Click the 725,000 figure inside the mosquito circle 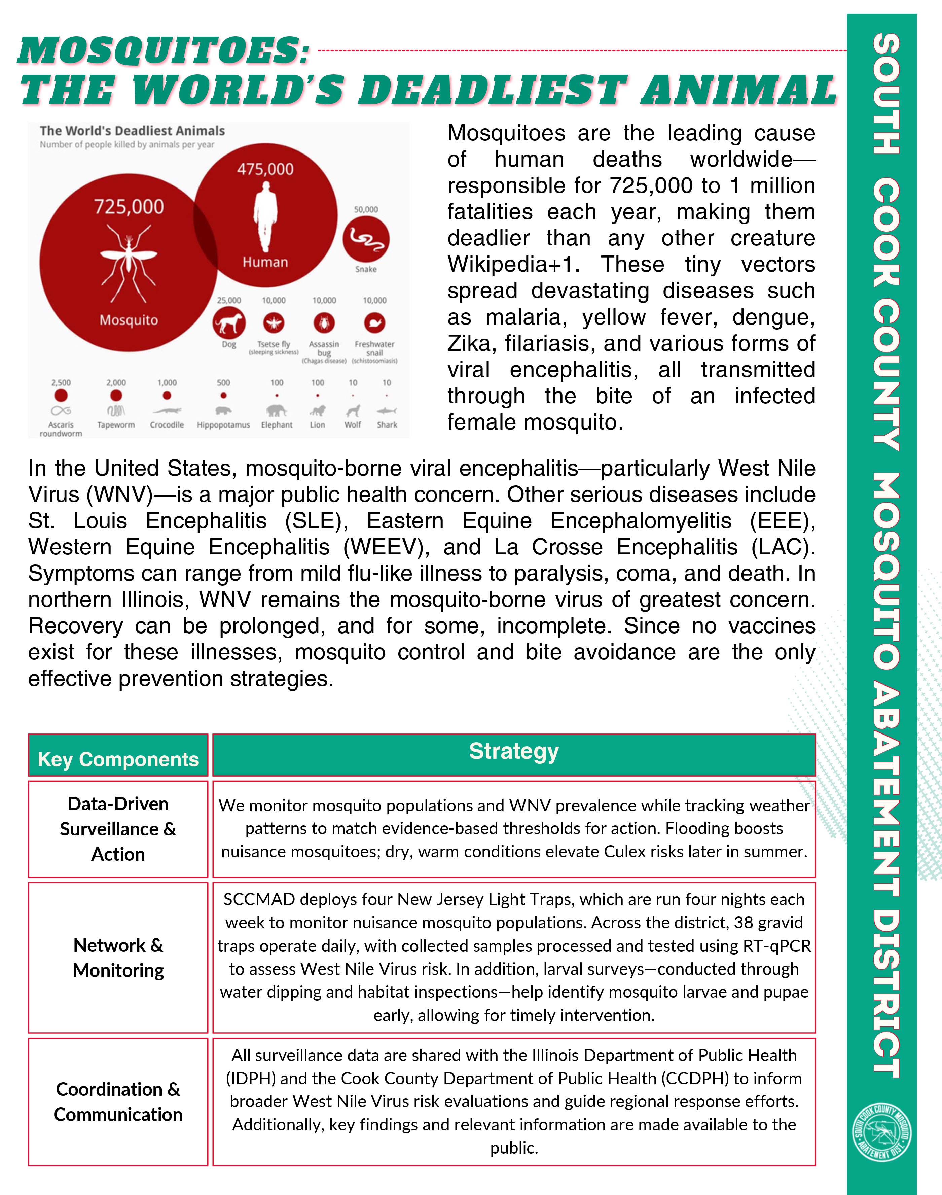tap(129, 207)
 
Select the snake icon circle tap(366, 238)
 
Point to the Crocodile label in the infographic tap(167, 425)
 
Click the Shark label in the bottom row tap(387, 425)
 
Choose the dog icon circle tap(229, 323)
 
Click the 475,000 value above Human tap(265, 169)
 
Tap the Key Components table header tap(118, 759)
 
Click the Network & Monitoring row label tap(118, 957)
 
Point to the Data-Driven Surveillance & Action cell tap(118, 829)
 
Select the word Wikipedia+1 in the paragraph tap(513, 264)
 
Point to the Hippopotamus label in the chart tap(223, 425)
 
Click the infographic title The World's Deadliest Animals tap(132, 131)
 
